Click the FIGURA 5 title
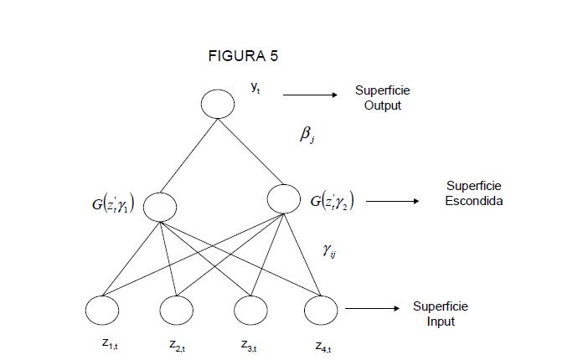[x=242, y=57]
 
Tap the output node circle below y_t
[x=218, y=105]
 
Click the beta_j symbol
[x=307, y=134]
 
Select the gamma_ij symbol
[x=329, y=248]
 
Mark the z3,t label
[x=250, y=343]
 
